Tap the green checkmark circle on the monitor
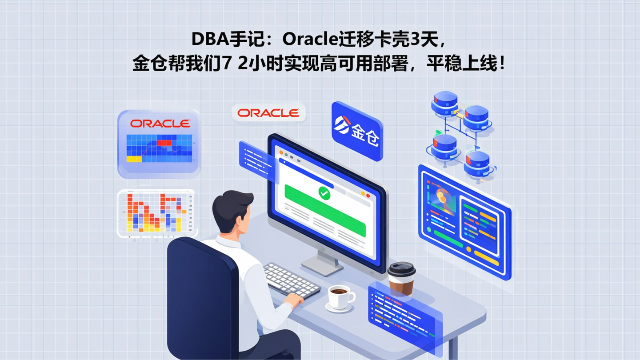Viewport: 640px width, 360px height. click(x=324, y=193)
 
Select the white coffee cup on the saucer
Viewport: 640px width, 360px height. click(x=340, y=296)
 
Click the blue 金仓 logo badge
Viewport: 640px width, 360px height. click(x=357, y=131)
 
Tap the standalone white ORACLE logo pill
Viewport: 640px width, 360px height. click(x=268, y=113)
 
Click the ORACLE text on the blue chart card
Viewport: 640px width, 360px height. click(x=160, y=124)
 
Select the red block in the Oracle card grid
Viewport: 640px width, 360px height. click(x=164, y=143)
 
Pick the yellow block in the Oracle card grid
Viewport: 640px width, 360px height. click(x=134, y=158)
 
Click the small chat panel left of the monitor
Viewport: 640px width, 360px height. click(x=255, y=159)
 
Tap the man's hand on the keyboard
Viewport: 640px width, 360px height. click(x=295, y=300)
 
